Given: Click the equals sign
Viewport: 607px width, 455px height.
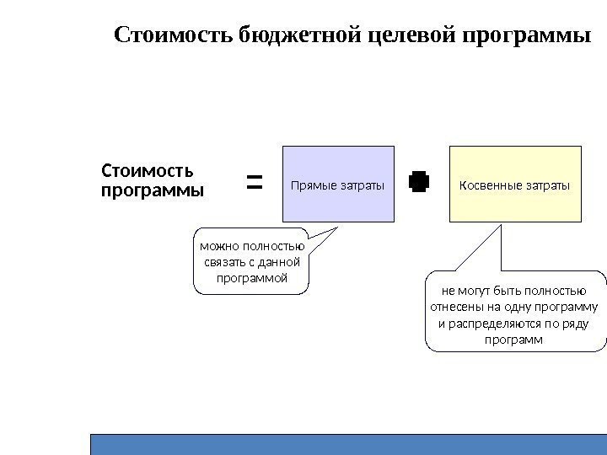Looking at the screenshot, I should (254, 181).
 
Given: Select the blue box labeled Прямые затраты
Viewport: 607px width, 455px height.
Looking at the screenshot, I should (338, 183).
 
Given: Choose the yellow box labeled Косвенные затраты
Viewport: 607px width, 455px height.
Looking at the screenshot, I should (515, 183).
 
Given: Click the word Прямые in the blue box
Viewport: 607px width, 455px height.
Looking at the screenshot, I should (310, 184).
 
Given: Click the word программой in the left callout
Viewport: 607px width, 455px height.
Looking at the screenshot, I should (252, 277).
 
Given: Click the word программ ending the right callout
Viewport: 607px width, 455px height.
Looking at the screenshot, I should (515, 340).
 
